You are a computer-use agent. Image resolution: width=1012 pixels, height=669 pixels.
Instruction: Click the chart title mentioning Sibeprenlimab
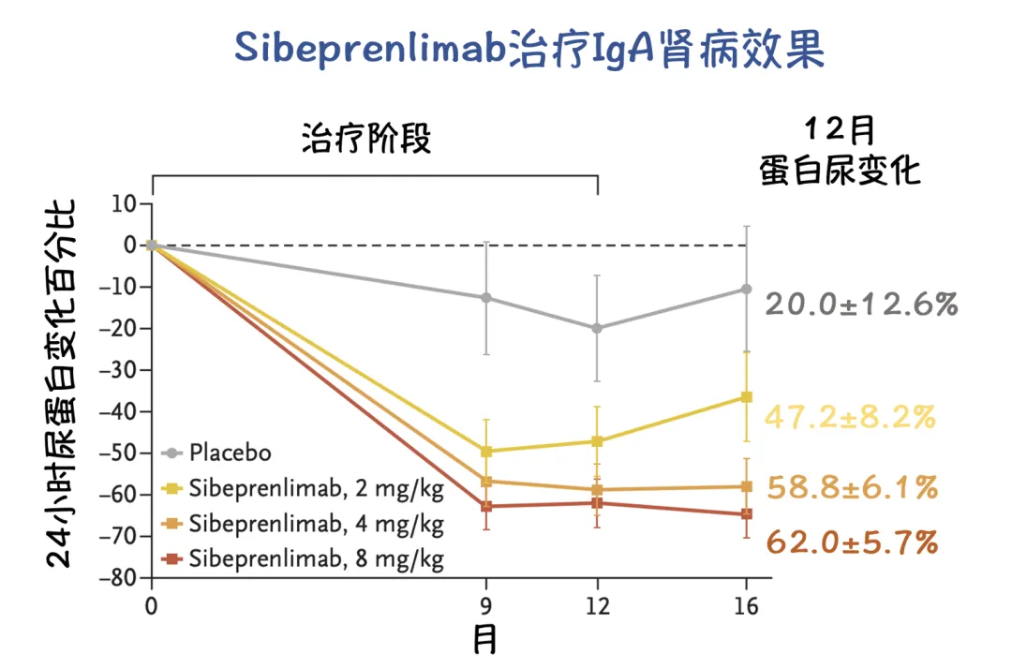point(529,49)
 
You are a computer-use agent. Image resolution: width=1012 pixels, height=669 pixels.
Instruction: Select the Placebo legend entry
point(230,453)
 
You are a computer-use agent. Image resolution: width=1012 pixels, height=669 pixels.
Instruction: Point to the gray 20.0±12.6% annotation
point(861,304)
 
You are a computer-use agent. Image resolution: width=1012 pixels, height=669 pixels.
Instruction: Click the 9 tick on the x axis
point(485,605)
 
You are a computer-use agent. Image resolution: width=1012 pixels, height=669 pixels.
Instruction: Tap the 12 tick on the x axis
point(597,605)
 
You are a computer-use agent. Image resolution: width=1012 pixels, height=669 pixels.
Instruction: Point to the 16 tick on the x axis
point(746,605)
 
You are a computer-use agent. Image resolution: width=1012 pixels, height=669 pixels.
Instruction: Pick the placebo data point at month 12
point(597,328)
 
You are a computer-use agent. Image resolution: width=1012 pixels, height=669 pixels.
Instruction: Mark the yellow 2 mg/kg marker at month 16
point(746,397)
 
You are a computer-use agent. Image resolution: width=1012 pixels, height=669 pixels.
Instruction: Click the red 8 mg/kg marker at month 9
point(485,506)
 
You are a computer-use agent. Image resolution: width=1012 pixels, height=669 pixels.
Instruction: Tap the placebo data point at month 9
point(485,298)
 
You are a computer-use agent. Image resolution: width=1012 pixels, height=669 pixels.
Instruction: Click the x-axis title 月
point(484,640)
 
